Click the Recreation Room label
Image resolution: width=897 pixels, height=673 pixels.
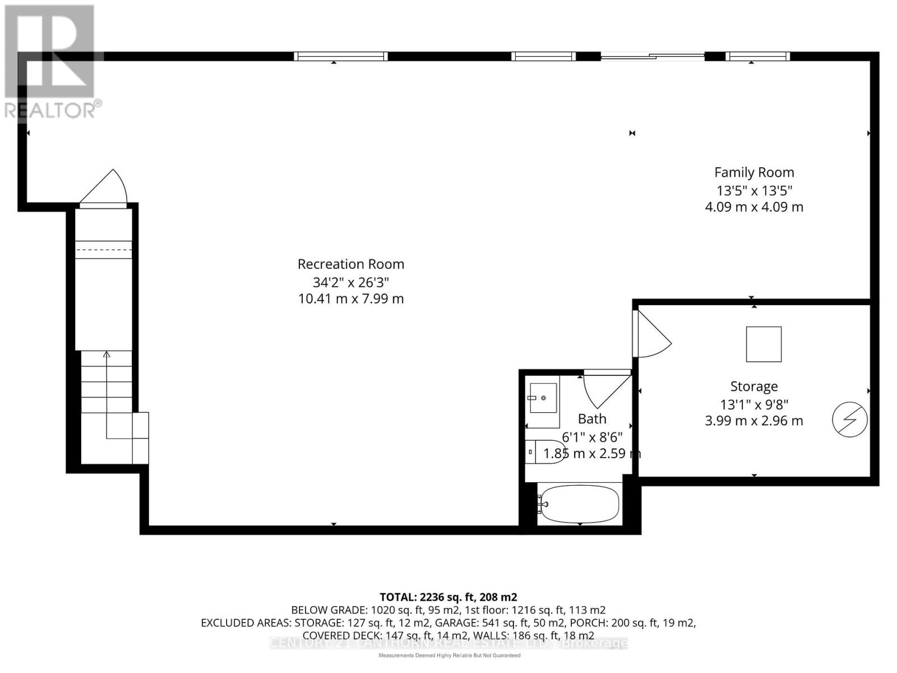(x=350, y=264)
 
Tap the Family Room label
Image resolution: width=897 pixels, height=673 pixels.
(x=753, y=173)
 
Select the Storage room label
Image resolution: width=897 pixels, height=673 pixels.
(x=753, y=386)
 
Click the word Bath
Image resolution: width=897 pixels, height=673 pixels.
(x=592, y=419)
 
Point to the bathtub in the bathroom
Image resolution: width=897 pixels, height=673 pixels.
(x=579, y=504)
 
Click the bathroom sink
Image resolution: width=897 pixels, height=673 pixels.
(x=543, y=398)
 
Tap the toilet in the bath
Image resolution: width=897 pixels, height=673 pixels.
(x=547, y=451)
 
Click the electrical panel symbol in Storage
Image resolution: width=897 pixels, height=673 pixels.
(x=850, y=419)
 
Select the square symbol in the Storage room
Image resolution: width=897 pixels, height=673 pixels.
(x=764, y=344)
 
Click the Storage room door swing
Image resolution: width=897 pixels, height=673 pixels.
(x=651, y=335)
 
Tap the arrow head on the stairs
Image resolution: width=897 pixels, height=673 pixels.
(x=107, y=354)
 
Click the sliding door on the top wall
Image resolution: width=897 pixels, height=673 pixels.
(x=652, y=56)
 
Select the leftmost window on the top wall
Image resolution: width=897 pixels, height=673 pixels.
(x=341, y=56)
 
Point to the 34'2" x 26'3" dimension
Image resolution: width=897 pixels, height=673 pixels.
(x=350, y=282)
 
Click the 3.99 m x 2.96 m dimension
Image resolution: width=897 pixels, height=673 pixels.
(x=753, y=421)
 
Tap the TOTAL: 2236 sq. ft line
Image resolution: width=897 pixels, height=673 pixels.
(x=448, y=597)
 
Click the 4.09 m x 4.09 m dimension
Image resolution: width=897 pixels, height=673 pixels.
(x=753, y=207)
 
